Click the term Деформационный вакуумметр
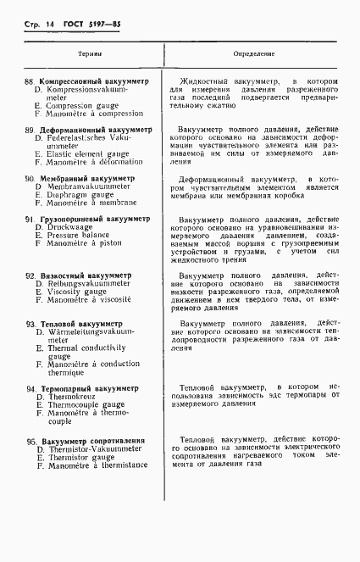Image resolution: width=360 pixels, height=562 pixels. pos(96,131)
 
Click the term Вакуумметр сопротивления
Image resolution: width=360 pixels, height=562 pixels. pos(93,442)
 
